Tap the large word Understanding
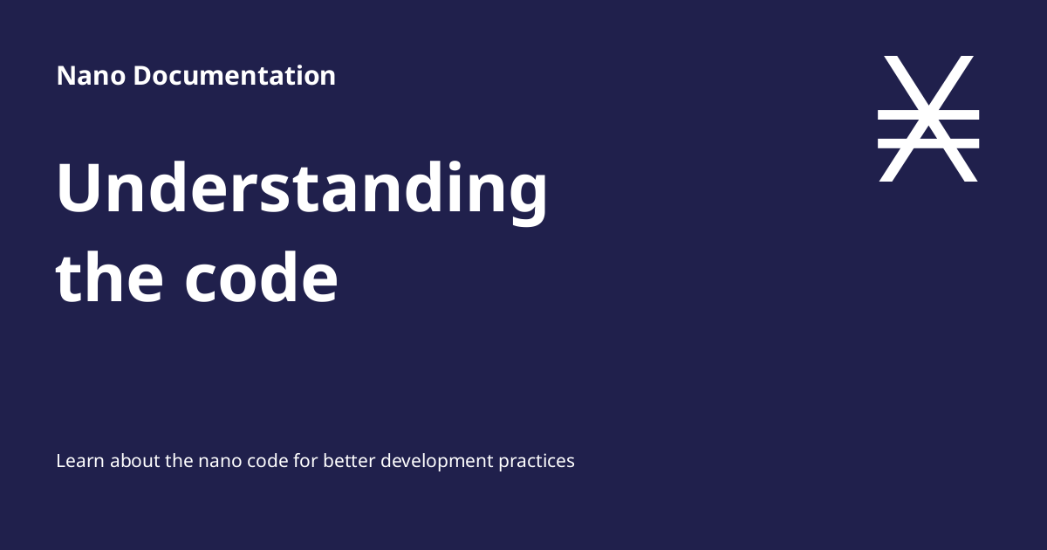(302, 190)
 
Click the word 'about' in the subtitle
(133, 460)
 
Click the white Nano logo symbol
(927, 119)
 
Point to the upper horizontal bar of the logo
(927, 114)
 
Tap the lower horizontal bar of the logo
(927, 143)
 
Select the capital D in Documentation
(142, 76)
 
